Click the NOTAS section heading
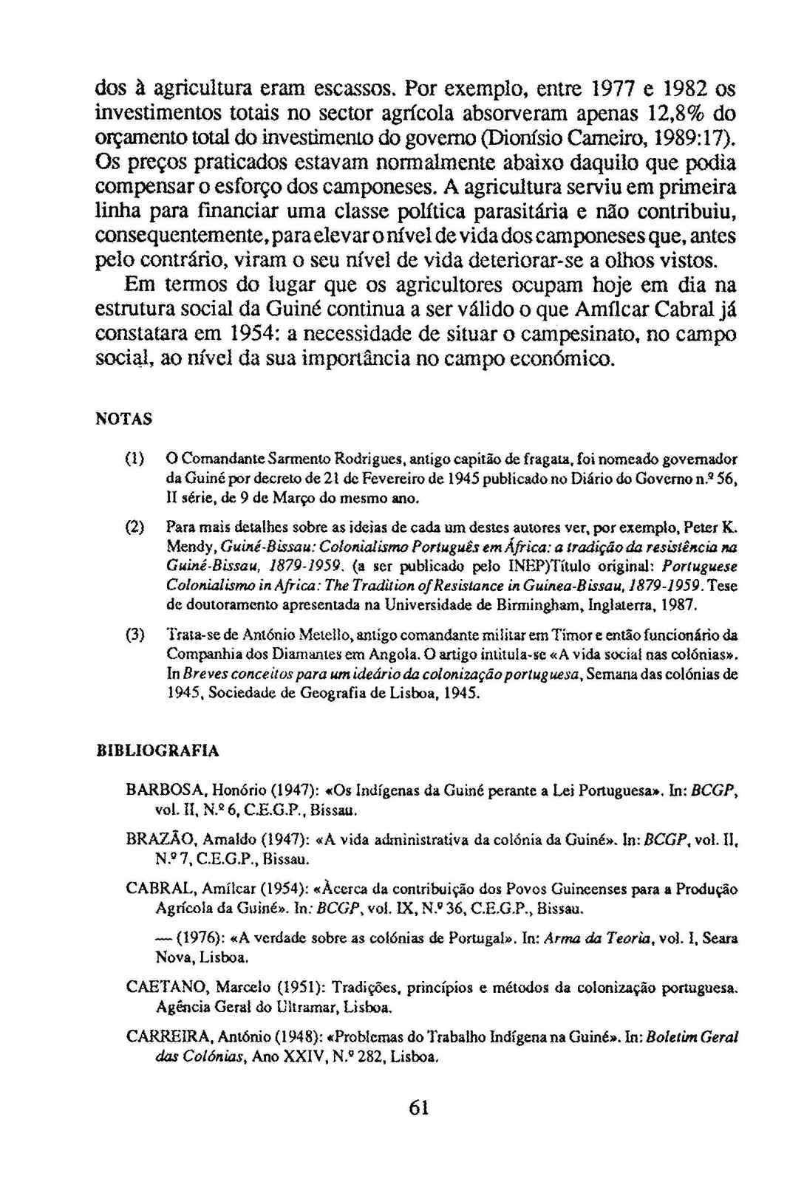click(124, 419)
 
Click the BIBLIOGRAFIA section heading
click(157, 751)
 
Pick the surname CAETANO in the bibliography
click(161, 988)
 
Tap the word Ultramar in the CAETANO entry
click(288, 1007)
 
